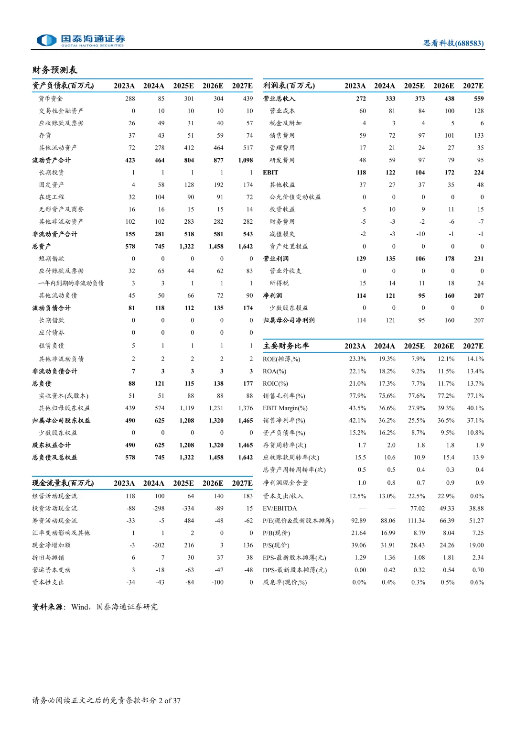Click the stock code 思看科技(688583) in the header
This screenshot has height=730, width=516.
[453, 43]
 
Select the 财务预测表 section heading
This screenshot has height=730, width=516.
[54, 70]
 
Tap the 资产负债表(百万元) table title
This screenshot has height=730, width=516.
[63, 86]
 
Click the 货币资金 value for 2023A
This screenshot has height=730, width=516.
[130, 98]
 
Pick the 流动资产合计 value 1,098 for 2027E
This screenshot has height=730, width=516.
[246, 160]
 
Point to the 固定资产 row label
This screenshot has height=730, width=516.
[51, 185]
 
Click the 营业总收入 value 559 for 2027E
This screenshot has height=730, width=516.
[479, 98]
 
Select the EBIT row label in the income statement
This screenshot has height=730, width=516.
[270, 173]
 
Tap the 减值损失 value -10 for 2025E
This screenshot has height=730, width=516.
[420, 234]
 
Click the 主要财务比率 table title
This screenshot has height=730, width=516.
[286, 346]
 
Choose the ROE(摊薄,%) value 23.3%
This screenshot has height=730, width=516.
[357, 359]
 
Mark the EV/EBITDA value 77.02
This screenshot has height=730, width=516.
[417, 508]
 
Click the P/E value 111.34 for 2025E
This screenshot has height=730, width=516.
[416, 521]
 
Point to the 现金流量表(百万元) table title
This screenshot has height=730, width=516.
[63, 483]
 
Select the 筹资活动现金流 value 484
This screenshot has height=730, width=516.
[189, 520]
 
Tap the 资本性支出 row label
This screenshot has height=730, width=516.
[48, 582]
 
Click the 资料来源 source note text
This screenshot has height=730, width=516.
[95, 607]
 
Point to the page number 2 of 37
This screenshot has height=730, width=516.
[170, 700]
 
